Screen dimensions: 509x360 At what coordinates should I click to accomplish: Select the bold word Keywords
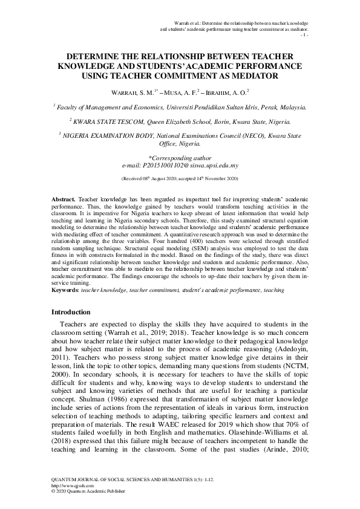tap(65, 290)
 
